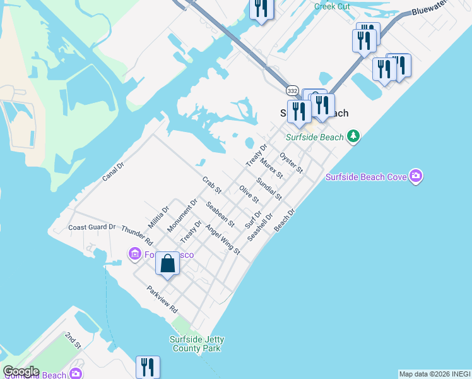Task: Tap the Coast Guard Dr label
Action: (92, 227)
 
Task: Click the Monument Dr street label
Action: (182, 215)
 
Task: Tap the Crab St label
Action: (212, 185)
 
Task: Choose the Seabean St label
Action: (220, 214)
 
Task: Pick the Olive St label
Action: (249, 194)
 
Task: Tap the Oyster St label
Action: (292, 162)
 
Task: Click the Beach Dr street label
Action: (285, 220)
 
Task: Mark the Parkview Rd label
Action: (162, 301)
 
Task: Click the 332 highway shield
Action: (292, 91)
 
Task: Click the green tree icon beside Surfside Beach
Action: (354, 136)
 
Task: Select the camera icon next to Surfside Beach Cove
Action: (415, 177)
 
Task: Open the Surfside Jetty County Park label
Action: (197, 344)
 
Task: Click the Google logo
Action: (21, 371)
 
